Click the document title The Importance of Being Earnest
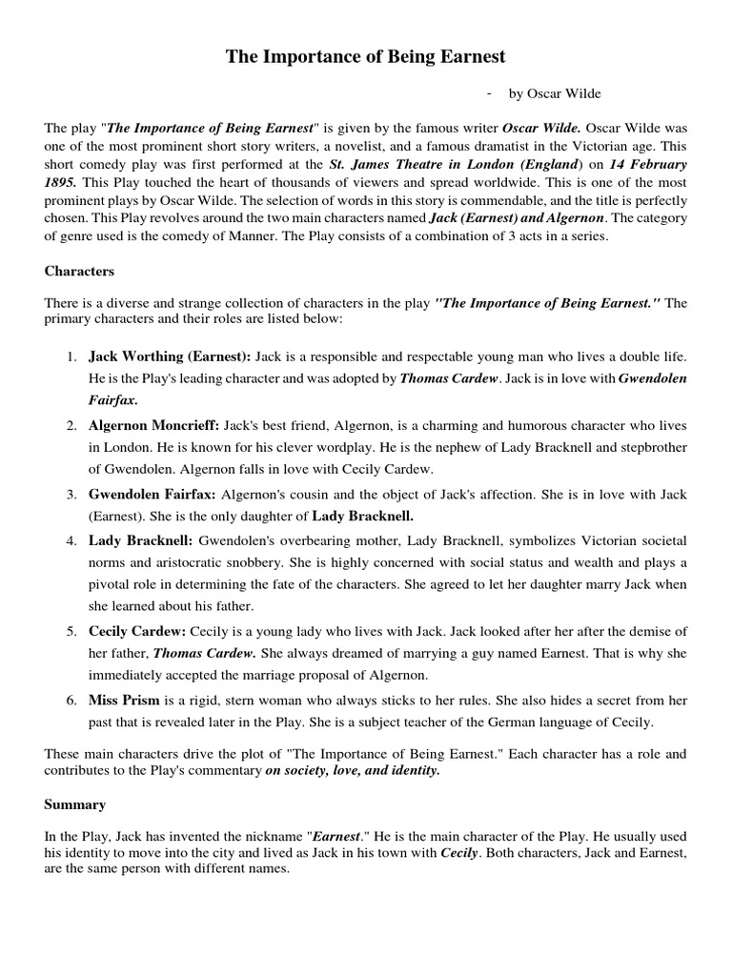(x=365, y=58)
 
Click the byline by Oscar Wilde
(x=555, y=93)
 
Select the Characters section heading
(x=79, y=271)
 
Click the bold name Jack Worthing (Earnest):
(x=170, y=356)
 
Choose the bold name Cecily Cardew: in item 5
(x=137, y=632)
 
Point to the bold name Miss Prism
(x=122, y=701)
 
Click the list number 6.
(x=71, y=701)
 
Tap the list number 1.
(x=71, y=356)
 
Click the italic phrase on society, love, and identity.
(x=353, y=770)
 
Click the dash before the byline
(x=489, y=92)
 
